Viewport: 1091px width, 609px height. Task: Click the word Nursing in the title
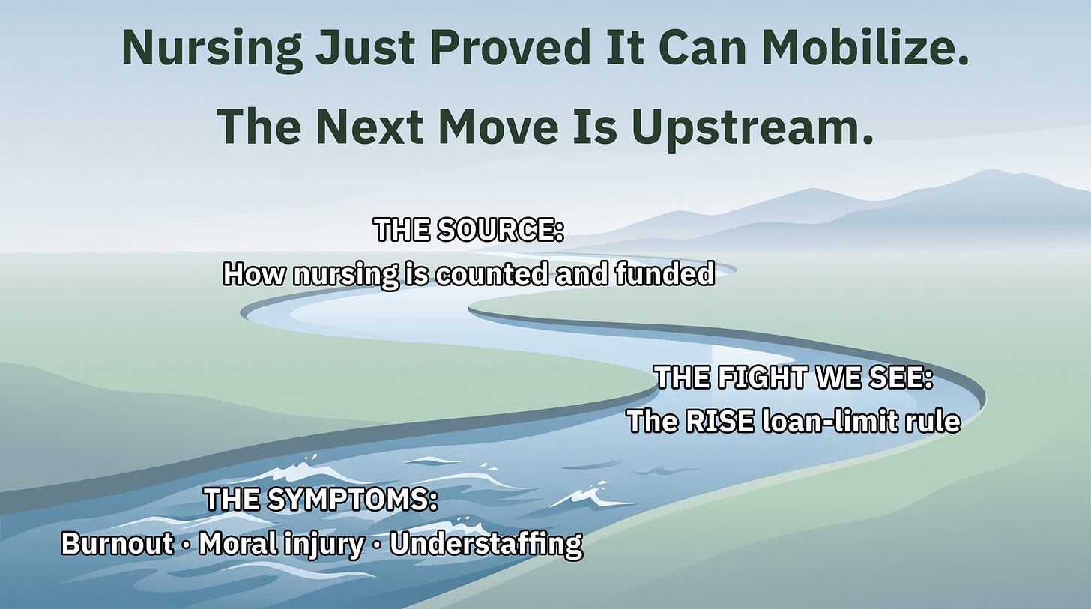[212, 49]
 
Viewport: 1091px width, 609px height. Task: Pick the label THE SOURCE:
[468, 230]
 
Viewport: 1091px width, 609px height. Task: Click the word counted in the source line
[491, 273]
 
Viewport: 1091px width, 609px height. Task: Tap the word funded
[665, 273]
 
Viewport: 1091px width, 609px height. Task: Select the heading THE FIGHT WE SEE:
[794, 378]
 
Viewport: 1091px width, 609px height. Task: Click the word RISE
[719, 422]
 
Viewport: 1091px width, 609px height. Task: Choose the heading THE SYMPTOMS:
[321, 499]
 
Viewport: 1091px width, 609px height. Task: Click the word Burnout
[118, 543]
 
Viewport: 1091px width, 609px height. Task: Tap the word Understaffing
[486, 545]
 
